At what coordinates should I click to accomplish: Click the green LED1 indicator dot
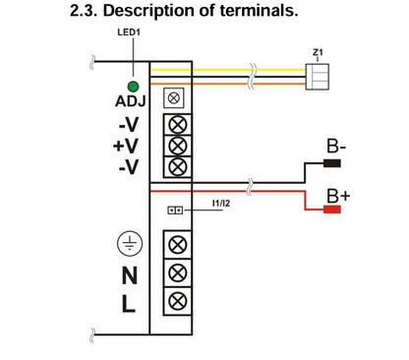click(x=131, y=87)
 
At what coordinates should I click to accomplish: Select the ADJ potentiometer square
click(x=174, y=99)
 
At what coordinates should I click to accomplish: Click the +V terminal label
click(x=127, y=146)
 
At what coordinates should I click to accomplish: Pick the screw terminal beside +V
click(x=178, y=146)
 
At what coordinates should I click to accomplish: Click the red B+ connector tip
click(x=331, y=209)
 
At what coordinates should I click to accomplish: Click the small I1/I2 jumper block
click(x=176, y=210)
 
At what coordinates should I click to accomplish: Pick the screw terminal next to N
click(x=178, y=271)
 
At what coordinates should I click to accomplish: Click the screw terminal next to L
click(x=178, y=299)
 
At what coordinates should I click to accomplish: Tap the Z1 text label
click(x=317, y=50)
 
